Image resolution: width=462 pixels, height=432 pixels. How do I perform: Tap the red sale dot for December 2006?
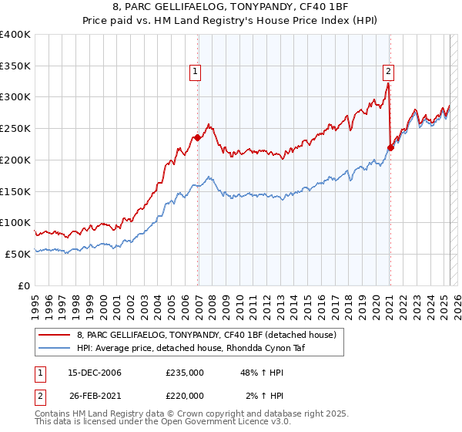pyautogui.click(x=198, y=138)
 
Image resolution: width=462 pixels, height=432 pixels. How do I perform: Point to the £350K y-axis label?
pyautogui.click(x=15, y=66)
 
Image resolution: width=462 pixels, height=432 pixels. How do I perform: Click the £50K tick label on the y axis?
pyautogui.click(x=18, y=254)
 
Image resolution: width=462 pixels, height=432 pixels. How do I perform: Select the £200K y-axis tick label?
pyautogui.click(x=15, y=160)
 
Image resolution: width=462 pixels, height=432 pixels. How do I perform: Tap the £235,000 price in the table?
pyautogui.click(x=184, y=373)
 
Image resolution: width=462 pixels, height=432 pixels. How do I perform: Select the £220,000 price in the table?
pyautogui.click(x=184, y=396)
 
